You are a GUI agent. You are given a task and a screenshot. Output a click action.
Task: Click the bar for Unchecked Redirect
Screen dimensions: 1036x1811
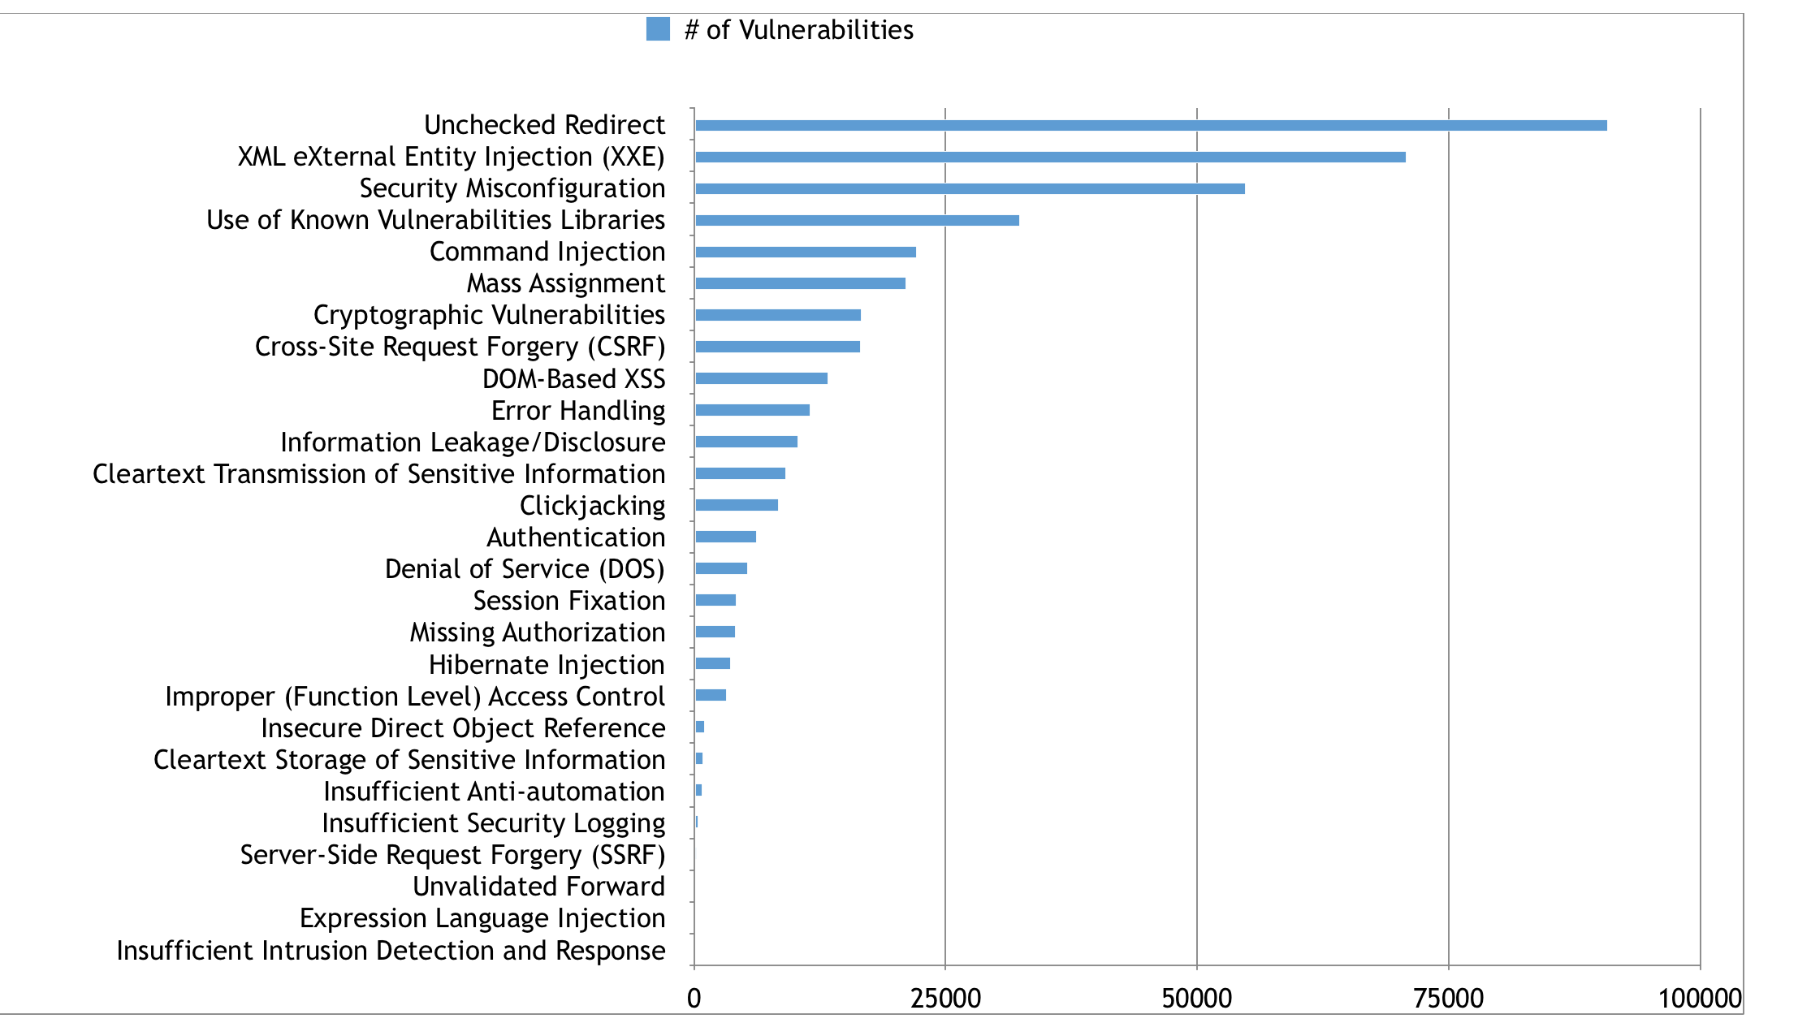[x=1150, y=125]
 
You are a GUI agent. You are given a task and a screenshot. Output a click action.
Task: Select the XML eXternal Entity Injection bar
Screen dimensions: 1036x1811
[x=1049, y=157]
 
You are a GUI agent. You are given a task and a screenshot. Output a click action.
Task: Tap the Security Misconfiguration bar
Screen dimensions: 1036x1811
[x=969, y=188]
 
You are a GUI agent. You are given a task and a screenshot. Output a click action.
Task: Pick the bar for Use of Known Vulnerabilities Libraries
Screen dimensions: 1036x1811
[x=856, y=220]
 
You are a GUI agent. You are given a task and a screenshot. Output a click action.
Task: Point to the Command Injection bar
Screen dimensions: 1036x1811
[x=805, y=252]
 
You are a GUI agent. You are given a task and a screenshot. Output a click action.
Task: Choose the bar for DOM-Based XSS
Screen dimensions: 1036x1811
[x=761, y=378]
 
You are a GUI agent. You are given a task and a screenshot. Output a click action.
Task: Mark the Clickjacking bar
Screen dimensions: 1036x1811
[x=736, y=505]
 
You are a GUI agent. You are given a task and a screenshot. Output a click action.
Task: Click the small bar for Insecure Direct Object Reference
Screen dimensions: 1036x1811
[x=700, y=727]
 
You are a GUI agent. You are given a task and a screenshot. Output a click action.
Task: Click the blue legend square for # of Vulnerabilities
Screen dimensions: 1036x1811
[x=658, y=30]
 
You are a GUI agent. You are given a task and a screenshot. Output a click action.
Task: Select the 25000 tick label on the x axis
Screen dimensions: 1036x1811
[x=945, y=999]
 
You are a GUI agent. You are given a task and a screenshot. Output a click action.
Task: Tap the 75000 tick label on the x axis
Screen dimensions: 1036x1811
[x=1448, y=999]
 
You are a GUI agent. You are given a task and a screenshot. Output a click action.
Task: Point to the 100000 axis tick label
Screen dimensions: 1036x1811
[x=1699, y=999]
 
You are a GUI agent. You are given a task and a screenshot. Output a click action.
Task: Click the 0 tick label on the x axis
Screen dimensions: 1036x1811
[x=694, y=999]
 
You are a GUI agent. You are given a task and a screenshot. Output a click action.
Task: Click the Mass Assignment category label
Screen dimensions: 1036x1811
[x=565, y=283]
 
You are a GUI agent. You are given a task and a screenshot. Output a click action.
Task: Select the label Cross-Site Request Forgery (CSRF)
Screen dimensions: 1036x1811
[x=460, y=347]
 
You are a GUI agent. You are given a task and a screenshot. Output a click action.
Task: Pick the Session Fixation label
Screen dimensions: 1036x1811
[x=568, y=601]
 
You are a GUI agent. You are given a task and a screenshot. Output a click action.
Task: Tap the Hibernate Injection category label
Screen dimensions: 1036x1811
[x=547, y=665]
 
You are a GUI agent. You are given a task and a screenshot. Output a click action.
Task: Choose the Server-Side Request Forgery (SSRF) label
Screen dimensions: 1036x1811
[x=452, y=855]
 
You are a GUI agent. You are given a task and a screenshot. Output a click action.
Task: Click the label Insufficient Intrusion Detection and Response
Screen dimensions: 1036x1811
[x=391, y=951]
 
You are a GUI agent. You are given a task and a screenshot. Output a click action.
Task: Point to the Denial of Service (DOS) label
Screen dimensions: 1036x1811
[x=525, y=569]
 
